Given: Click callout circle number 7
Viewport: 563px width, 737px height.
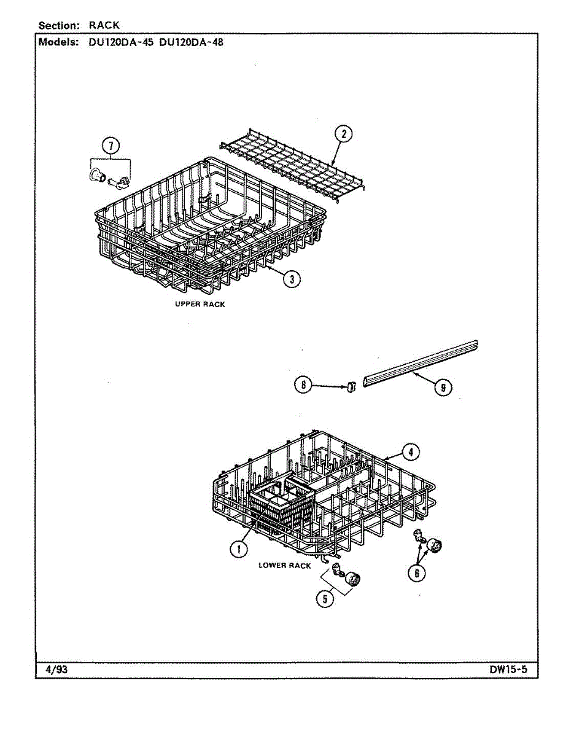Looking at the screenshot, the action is click(111, 146).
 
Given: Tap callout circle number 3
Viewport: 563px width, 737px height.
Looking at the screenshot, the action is click(292, 279).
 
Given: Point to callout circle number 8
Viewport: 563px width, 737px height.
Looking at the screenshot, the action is click(303, 385).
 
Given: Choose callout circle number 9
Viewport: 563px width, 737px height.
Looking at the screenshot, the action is click(442, 387).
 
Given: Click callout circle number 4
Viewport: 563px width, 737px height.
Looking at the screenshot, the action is click(411, 453).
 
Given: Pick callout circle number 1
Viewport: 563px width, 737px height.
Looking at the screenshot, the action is click(239, 549).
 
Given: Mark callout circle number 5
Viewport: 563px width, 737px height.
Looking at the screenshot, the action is click(325, 598).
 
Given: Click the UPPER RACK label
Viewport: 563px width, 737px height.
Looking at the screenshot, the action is click(200, 305).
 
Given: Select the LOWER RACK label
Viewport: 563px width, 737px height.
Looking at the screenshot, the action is click(285, 566).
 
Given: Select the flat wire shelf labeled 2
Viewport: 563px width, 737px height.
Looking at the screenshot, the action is click(291, 162).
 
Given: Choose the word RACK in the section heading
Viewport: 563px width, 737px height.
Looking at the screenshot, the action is click(104, 25).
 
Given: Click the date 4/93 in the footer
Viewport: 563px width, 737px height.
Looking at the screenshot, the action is click(56, 670).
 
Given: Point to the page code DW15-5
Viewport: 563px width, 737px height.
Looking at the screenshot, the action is click(508, 670).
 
